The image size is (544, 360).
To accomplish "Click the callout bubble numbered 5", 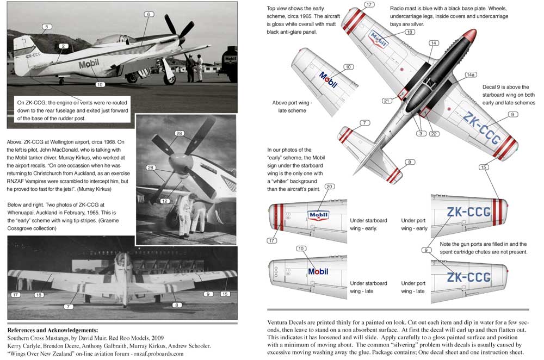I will (47, 26).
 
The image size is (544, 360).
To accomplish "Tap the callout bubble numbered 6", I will (147, 14).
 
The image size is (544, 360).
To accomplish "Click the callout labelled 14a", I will (471, 75).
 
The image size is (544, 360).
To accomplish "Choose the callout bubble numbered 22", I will (434, 134).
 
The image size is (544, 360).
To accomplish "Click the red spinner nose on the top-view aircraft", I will (469, 37).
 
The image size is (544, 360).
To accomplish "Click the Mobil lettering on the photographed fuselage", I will (89, 64).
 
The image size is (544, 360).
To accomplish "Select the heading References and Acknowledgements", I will (53, 330).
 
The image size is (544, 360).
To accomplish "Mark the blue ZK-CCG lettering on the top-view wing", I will (481, 128).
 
